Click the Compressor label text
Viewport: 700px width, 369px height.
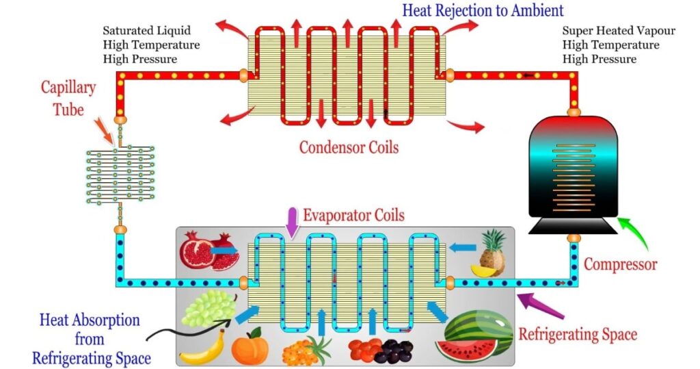620,264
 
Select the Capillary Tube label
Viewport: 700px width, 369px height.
68,99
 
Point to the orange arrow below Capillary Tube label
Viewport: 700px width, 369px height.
104,131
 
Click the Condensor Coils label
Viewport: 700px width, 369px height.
349,147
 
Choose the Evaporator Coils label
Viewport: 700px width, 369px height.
354,215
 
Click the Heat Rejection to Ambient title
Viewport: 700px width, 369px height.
483,10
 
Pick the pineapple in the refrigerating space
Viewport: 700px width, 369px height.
489,253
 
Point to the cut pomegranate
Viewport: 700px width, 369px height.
209,251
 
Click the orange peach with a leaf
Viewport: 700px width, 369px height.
250,346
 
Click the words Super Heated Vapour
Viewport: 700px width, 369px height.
618,30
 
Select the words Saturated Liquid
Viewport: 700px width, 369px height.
146,30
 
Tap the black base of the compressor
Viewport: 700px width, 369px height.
574,226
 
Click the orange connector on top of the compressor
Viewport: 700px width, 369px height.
574,112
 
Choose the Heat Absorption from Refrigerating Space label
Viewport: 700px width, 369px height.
91,339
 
